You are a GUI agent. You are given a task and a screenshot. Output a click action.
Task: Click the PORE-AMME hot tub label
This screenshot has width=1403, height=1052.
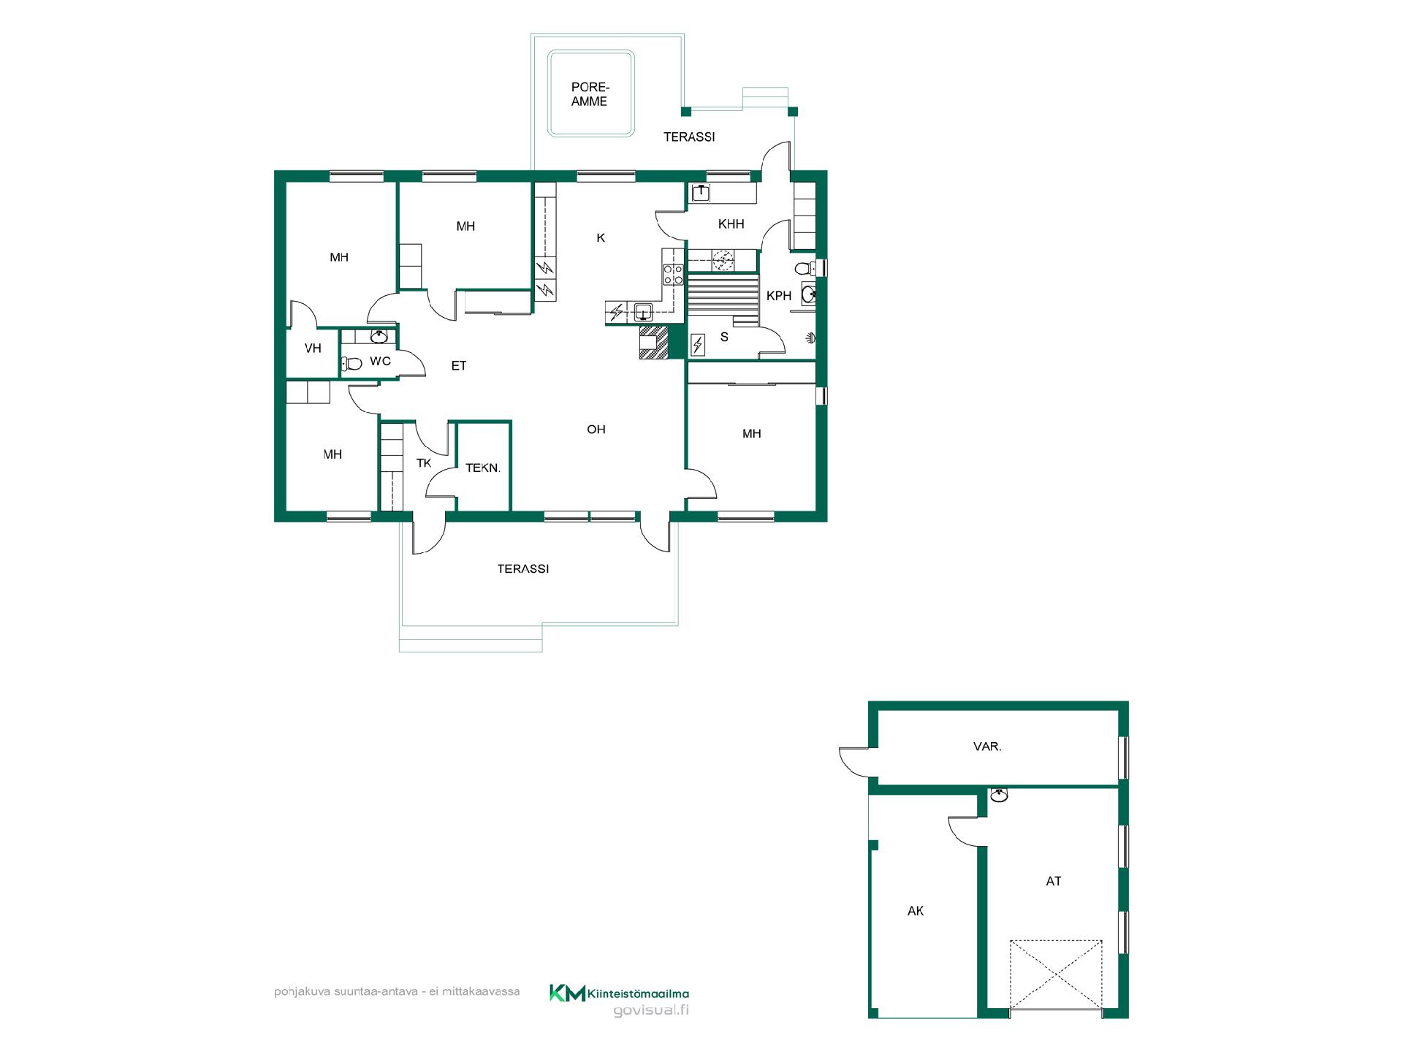coord(590,95)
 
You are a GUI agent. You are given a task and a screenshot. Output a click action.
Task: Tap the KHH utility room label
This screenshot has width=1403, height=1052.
coord(731,224)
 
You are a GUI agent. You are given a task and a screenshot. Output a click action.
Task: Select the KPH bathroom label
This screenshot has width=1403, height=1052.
coord(779,296)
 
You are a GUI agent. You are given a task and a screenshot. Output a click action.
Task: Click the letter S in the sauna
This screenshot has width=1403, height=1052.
coord(724,337)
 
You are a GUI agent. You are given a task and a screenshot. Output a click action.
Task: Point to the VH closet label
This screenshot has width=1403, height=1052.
coord(313,348)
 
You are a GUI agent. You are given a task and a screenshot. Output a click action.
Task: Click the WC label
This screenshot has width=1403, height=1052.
coord(380,361)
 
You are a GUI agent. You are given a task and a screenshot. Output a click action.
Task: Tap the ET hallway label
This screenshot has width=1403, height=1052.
coord(458,366)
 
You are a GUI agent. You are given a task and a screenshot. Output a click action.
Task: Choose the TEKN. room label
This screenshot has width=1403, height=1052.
coord(482,468)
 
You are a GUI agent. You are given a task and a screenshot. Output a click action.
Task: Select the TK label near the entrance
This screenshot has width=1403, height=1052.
coord(424,463)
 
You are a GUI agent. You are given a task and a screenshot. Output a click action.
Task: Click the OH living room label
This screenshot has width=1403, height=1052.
coord(596,430)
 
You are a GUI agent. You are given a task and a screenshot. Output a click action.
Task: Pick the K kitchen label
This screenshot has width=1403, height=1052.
coord(601,237)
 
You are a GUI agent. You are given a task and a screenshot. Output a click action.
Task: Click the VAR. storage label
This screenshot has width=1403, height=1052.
coord(987,747)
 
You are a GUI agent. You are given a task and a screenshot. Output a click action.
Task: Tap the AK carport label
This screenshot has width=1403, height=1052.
coord(916,911)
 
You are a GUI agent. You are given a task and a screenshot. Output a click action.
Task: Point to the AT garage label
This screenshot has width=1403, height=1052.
coord(1054,881)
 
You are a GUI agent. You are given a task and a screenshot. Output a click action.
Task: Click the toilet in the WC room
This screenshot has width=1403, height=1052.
coord(351,363)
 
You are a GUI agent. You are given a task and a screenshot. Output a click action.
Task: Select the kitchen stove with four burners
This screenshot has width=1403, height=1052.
coord(673,275)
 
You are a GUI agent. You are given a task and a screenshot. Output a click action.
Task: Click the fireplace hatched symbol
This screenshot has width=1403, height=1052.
coord(653,343)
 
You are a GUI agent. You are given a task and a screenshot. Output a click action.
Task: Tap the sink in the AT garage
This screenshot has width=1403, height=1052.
coord(999,795)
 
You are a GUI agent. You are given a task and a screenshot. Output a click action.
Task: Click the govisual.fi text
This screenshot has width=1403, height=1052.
coord(651,1010)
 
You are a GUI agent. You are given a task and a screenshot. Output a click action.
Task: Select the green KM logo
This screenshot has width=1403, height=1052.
coord(567,994)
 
